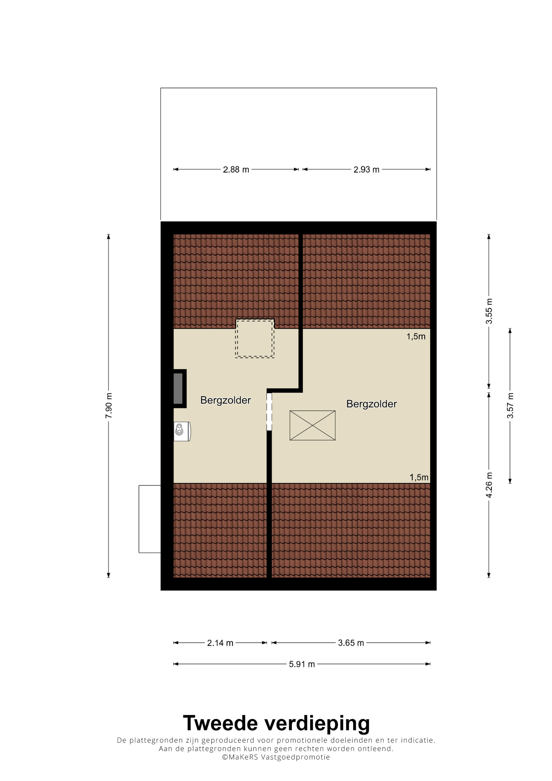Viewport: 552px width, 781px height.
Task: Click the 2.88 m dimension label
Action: (236, 169)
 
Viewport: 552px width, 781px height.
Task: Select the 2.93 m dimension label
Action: (366, 169)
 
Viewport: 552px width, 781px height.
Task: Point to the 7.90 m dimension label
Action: (108, 406)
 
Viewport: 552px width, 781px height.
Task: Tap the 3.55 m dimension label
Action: (489, 311)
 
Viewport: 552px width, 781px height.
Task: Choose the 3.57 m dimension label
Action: (510, 406)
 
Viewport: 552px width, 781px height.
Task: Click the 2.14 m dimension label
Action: (220, 643)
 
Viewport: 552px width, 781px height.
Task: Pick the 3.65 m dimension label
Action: (351, 643)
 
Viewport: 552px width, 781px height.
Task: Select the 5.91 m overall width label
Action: (302, 664)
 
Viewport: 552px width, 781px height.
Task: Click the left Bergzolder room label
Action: (225, 400)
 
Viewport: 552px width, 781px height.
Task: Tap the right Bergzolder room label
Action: (371, 404)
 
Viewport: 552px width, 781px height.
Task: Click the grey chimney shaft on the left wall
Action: (178, 389)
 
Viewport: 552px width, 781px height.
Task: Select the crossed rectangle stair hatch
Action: (312, 426)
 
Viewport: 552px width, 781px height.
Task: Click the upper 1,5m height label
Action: (416, 337)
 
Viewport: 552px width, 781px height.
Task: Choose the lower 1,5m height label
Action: (419, 478)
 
